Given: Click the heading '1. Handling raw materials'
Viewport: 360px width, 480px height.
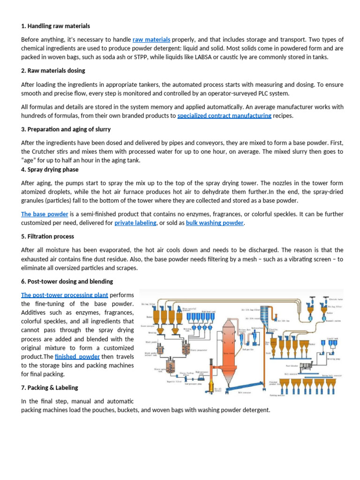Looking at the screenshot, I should click(55, 26).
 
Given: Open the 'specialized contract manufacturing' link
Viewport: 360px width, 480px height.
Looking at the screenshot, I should click(224, 116).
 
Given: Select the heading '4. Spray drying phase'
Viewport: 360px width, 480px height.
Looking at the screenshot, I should click(50, 169).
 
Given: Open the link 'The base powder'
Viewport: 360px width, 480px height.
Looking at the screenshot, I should click(45, 214).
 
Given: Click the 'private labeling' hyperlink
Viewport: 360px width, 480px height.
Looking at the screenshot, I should click(135, 223).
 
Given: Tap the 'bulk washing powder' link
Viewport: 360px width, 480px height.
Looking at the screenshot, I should click(215, 223).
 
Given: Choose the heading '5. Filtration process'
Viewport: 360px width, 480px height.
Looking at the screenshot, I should click(47, 237).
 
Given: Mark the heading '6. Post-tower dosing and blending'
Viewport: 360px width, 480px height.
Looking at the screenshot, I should click(67, 282).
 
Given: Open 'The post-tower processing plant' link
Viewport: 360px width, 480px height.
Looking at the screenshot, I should click(65, 295).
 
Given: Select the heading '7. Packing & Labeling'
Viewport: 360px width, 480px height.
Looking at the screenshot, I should click(50, 388).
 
